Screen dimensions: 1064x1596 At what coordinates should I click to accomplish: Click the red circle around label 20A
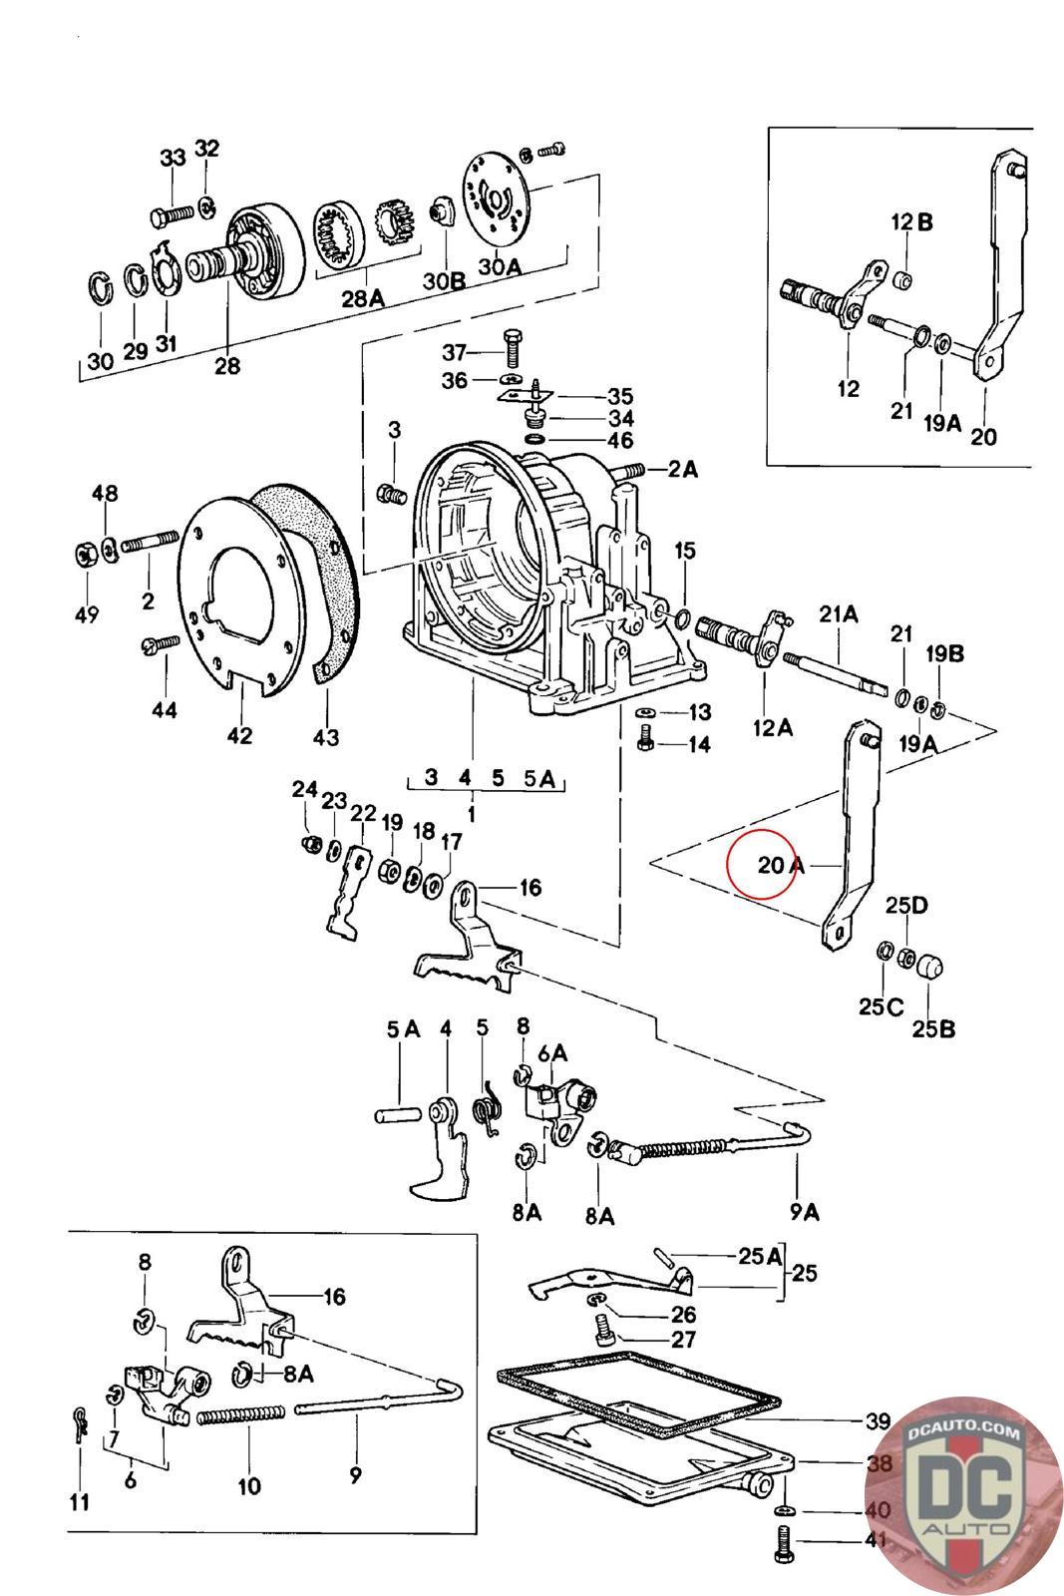pyautogui.click(x=760, y=864)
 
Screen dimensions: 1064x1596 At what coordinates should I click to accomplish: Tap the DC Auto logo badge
pyautogui.click(x=964, y=1496)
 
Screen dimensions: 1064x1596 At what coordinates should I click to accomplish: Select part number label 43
pyautogui.click(x=325, y=737)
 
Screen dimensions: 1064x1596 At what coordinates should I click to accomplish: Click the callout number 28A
pyautogui.click(x=363, y=298)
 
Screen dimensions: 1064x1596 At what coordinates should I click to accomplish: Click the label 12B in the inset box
pyautogui.click(x=911, y=222)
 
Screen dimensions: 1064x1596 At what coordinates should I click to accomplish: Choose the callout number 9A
pyautogui.click(x=804, y=1211)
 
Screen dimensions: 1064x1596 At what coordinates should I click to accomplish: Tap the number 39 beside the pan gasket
pyautogui.click(x=879, y=1421)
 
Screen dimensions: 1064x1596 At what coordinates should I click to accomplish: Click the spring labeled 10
pyautogui.click(x=240, y=1415)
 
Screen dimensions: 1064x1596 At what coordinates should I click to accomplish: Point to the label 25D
pyautogui.click(x=906, y=905)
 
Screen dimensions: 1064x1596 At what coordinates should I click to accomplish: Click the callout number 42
pyautogui.click(x=239, y=734)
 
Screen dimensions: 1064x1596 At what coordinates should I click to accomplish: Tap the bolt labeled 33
pyautogui.click(x=173, y=213)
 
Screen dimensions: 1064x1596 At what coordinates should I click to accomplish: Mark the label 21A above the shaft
pyautogui.click(x=839, y=613)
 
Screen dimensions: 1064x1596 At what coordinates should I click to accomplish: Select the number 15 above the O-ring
pyautogui.click(x=684, y=550)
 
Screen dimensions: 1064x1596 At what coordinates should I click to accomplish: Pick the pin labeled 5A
pyautogui.click(x=398, y=1114)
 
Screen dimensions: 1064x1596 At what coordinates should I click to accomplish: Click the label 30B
pyautogui.click(x=445, y=280)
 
